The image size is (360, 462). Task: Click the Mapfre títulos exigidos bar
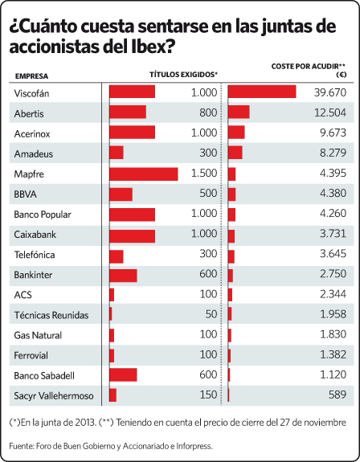pos(144,174)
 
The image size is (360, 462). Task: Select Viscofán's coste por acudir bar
pos(262,92)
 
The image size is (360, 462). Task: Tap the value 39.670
pos(330,92)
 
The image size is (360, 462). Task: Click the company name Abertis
pos(29,114)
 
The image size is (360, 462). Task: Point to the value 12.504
pos(330,112)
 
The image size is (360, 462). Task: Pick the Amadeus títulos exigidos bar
pos(117,153)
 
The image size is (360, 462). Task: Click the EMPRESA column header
pos(31,76)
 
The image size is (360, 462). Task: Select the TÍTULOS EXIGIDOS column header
pos(183,75)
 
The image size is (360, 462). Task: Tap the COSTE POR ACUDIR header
pos(308,67)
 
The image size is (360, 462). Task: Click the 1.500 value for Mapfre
pos(204,173)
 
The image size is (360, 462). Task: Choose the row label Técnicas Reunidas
pos(51,315)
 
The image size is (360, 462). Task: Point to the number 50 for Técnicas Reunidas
pos(211,314)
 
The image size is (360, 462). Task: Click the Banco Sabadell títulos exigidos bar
pos(123,374)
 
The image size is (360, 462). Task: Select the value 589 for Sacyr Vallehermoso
pos(337,395)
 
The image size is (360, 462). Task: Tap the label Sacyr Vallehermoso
pos(54,395)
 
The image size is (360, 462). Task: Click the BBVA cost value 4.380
pos(333,193)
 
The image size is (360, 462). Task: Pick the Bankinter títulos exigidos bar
pos(123,276)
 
